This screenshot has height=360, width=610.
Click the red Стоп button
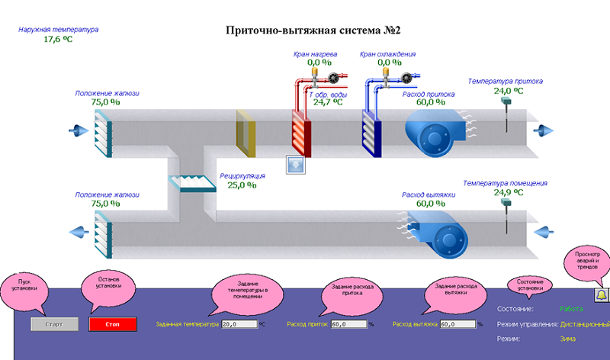click(x=112, y=324)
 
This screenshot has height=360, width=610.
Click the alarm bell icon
click(x=601, y=294)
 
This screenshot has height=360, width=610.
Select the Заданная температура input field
click(x=239, y=324)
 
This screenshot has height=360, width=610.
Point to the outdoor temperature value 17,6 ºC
click(x=58, y=39)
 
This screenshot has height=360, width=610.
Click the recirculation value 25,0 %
click(x=242, y=185)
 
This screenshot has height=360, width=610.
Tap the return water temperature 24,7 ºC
click(x=328, y=101)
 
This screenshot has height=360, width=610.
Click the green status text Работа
click(x=571, y=309)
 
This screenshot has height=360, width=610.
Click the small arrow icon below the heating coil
click(x=295, y=164)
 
